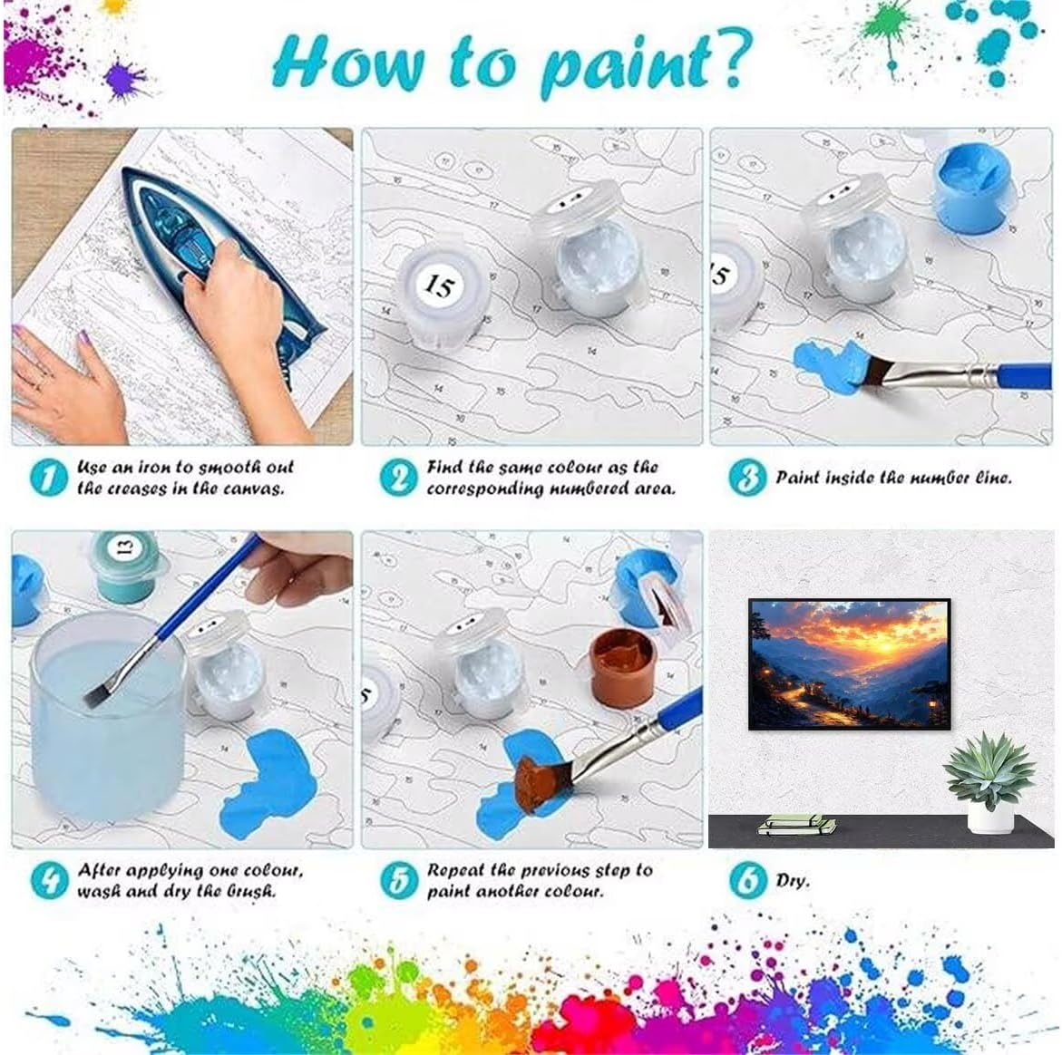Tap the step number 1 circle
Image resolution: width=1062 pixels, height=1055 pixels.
(x=50, y=477)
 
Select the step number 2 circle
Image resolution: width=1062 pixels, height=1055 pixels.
(x=399, y=477)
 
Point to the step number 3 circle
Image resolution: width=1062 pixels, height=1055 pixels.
(x=747, y=477)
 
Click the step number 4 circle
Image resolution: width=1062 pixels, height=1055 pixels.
(x=50, y=880)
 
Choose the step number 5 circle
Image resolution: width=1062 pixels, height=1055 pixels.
(x=399, y=880)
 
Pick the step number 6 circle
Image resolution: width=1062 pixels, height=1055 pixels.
(x=747, y=880)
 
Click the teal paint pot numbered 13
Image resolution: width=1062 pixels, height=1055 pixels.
(x=125, y=565)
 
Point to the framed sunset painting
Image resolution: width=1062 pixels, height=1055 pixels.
(x=850, y=663)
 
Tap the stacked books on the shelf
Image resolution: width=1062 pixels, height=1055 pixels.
(x=796, y=825)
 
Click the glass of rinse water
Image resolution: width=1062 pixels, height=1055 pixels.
(x=108, y=717)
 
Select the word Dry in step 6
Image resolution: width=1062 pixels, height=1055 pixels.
(x=793, y=881)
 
